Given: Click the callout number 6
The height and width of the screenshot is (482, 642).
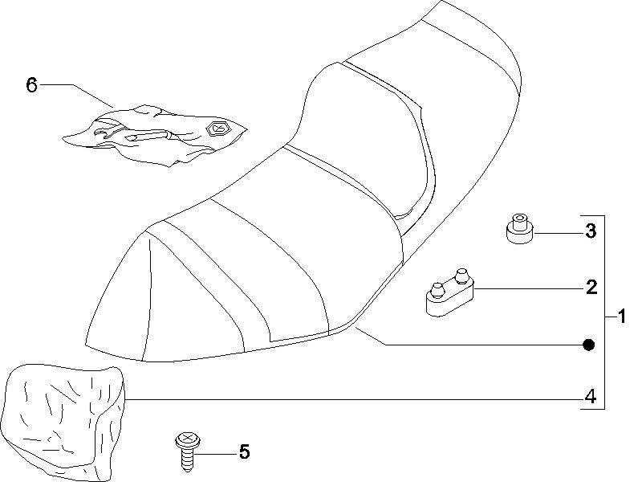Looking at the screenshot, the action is [31, 85].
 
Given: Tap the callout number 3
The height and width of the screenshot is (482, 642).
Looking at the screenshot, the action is [590, 231].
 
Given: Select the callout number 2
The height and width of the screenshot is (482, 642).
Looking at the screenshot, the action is [591, 288].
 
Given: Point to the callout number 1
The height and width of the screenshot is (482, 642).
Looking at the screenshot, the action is [622, 317].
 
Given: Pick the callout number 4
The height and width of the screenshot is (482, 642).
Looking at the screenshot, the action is [590, 397].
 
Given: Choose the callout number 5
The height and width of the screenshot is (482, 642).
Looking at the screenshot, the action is [244, 452].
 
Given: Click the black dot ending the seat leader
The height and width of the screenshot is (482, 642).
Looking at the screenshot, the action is [588, 345].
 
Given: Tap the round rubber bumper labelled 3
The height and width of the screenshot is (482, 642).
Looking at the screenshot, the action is [519, 229].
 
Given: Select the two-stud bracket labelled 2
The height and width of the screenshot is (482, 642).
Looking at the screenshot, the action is [449, 292].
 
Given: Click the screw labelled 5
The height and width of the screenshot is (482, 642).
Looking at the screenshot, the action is [188, 451].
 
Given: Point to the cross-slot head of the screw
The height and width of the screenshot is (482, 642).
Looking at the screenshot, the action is [188, 439].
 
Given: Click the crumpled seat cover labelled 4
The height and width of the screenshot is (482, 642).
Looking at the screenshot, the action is [63, 423].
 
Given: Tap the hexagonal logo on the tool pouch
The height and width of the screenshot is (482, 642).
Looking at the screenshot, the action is [217, 129].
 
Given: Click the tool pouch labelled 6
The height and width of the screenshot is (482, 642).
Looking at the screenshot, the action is [155, 135].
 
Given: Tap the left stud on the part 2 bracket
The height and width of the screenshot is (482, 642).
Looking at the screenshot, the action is [436, 290].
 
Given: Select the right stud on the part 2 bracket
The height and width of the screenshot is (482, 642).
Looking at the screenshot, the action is [461, 275].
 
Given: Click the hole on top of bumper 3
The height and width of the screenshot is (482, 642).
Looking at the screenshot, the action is [519, 217].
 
